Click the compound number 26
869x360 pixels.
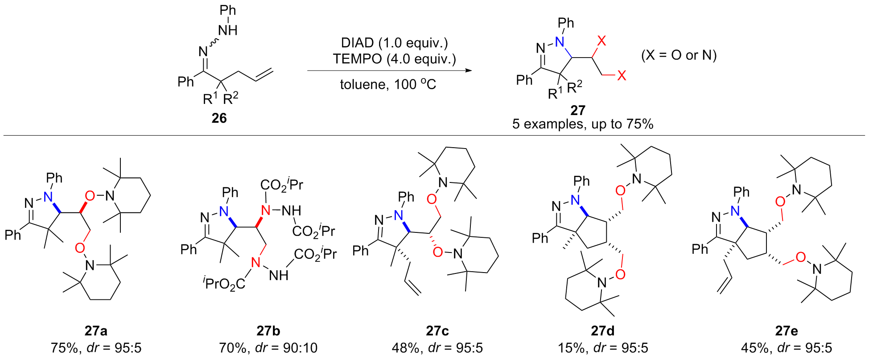(x=219, y=118)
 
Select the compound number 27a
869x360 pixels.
(x=96, y=331)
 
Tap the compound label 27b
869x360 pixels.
(x=268, y=331)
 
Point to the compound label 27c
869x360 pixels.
(x=437, y=331)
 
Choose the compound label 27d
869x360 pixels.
(x=603, y=331)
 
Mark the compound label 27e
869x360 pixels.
(x=787, y=331)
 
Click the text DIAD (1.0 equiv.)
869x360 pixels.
(x=395, y=43)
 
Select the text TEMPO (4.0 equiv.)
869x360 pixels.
(x=395, y=58)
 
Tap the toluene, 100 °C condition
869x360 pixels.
(x=388, y=84)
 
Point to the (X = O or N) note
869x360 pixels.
(x=679, y=55)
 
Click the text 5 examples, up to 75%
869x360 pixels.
(x=583, y=124)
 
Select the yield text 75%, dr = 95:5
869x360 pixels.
(x=96, y=348)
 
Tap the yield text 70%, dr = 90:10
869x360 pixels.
(x=268, y=348)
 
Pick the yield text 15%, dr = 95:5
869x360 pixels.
(x=603, y=348)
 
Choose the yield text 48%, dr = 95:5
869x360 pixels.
(x=437, y=348)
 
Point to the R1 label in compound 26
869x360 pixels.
(x=210, y=98)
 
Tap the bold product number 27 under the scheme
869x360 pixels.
(x=578, y=110)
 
